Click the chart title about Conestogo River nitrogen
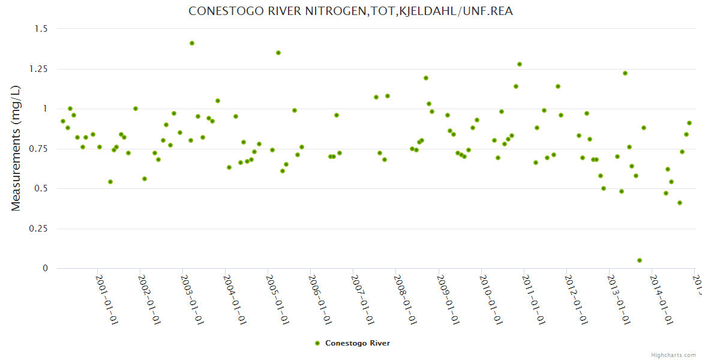(350, 11)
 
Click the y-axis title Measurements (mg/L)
(16, 148)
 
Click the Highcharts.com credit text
(673, 355)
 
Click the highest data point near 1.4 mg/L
(192, 43)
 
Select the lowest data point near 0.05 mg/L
(640, 260)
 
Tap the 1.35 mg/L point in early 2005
(278, 53)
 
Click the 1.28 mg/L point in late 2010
(520, 64)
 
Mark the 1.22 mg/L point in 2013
(625, 73)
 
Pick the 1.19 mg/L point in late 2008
(426, 78)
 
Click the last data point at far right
(689, 123)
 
